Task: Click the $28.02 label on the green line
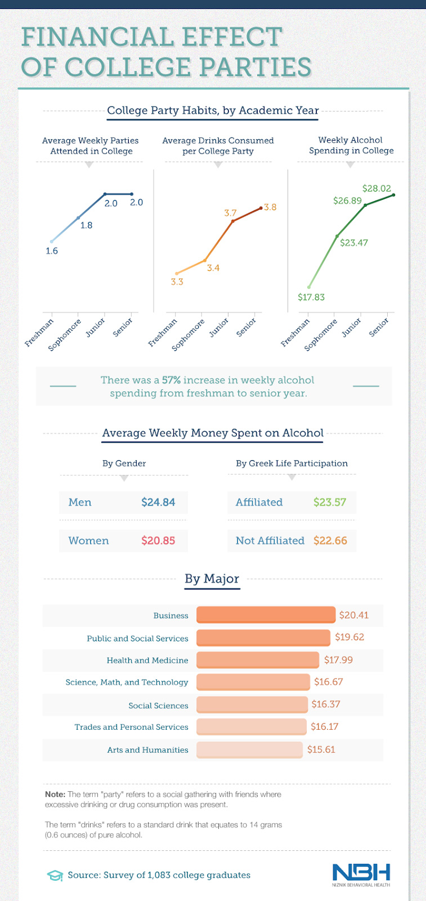(x=376, y=189)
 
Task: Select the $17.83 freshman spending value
(x=311, y=297)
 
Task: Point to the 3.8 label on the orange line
(x=270, y=207)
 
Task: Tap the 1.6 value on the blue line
(x=52, y=251)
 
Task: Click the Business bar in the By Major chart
(x=266, y=615)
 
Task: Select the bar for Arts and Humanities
(x=249, y=750)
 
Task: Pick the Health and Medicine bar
(x=258, y=660)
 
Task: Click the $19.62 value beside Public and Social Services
(x=349, y=637)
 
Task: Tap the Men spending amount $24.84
(x=158, y=502)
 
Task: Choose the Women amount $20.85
(x=158, y=541)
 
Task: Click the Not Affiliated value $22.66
(x=330, y=541)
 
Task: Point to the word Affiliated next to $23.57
(x=259, y=502)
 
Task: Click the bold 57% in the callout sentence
(x=171, y=380)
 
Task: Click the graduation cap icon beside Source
(x=55, y=876)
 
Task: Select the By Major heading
(x=212, y=579)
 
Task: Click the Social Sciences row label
(x=158, y=706)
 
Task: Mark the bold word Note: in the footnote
(x=55, y=794)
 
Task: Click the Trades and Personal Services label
(x=131, y=727)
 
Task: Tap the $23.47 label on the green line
(x=354, y=243)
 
